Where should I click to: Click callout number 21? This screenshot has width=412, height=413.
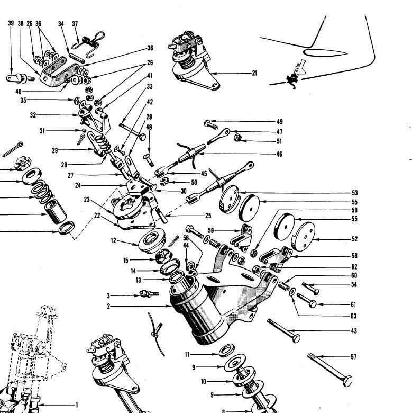point(254,73)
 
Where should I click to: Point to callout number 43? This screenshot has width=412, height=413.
point(354,331)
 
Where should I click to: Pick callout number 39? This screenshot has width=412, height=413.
point(11,24)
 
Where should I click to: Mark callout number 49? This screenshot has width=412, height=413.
point(280,122)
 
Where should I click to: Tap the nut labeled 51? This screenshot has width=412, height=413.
point(238,138)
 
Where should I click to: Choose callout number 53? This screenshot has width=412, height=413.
point(354,193)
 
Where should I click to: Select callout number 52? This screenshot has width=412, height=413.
point(354,239)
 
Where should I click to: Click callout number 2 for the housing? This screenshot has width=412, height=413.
point(108,307)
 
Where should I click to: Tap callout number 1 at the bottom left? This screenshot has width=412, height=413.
point(76,405)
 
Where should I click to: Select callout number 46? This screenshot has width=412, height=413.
point(279,154)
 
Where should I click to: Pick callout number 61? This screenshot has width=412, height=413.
point(354,304)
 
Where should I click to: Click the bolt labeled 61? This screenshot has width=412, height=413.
point(307,302)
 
